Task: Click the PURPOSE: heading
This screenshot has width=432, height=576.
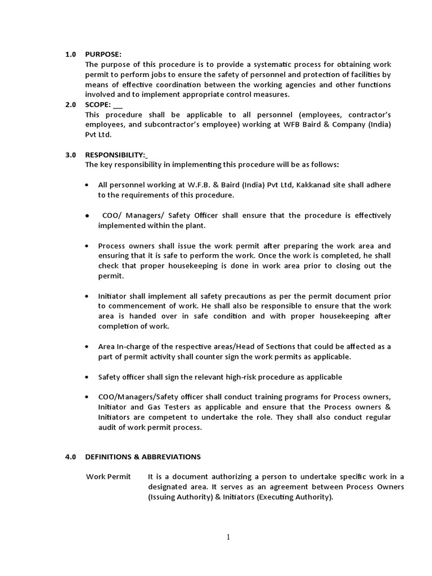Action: point(103,55)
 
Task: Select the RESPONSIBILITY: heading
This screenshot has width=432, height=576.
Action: point(115,155)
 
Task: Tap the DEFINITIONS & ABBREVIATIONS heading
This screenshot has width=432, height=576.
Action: point(142,457)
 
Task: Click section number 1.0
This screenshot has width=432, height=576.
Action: point(70,55)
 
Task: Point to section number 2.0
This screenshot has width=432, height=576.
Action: point(70,105)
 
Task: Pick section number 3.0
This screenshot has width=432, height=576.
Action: point(70,155)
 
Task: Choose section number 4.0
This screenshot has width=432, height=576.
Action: point(70,457)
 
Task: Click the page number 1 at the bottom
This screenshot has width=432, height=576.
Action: point(228,537)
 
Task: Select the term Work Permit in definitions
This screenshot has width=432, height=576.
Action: point(109,477)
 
